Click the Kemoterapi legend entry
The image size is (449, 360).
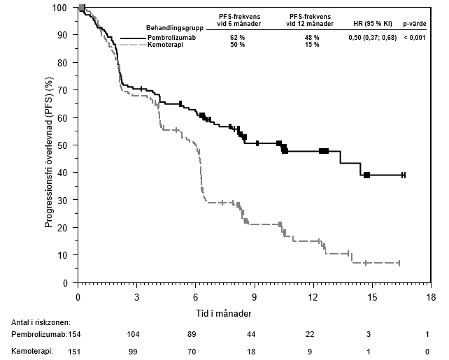coord(164,44)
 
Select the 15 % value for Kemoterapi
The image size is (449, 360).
coord(312,44)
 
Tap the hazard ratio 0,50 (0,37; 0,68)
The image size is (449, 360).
coord(371,37)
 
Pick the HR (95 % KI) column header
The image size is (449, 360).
coord(371,23)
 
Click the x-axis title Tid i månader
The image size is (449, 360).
coord(223,312)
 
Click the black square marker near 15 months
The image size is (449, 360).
coord(366,175)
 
